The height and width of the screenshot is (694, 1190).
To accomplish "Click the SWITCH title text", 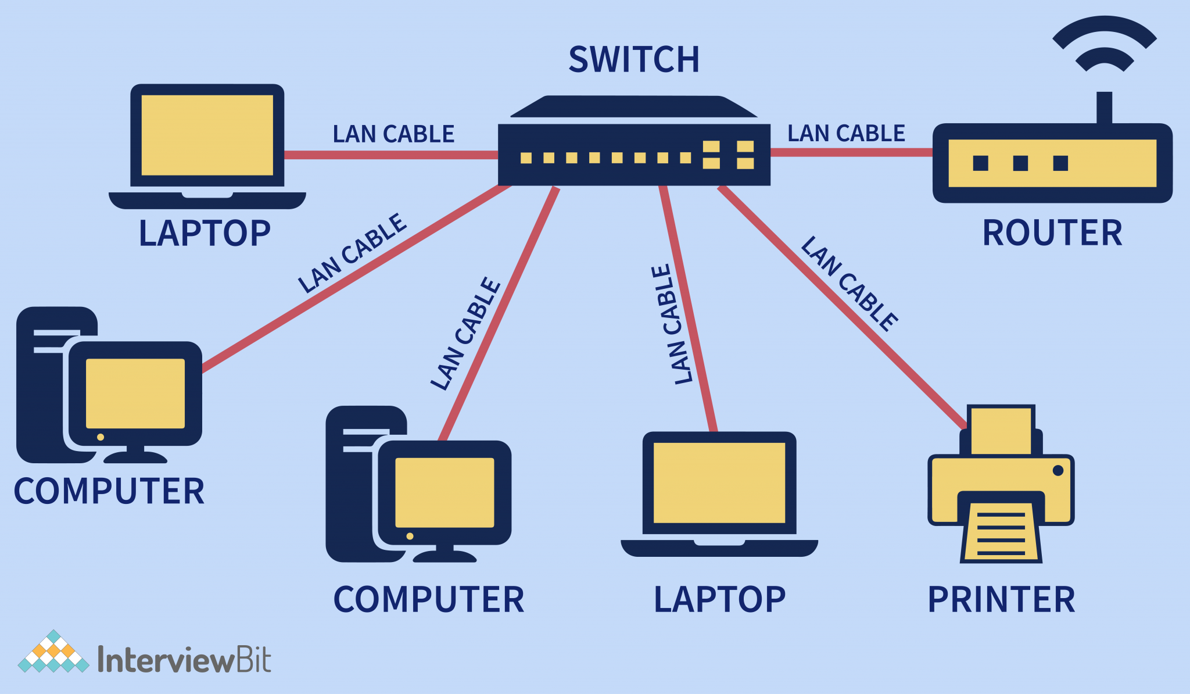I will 634,59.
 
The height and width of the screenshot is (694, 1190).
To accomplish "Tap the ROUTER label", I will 1052,233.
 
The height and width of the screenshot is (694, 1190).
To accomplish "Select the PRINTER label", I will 1001,600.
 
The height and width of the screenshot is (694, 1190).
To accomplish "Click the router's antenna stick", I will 1104,108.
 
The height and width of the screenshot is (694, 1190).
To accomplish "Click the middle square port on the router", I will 1020,163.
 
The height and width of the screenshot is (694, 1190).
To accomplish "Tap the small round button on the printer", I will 1058,470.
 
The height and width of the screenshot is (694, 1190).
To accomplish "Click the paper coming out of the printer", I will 1001,532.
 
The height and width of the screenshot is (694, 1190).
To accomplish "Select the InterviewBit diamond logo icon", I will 53,652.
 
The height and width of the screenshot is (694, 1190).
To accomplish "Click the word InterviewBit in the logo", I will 184,660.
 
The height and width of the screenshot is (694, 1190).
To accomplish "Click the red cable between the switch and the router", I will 851,152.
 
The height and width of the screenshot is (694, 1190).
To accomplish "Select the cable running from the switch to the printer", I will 843,308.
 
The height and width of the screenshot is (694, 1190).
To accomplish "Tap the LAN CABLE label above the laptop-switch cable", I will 393,134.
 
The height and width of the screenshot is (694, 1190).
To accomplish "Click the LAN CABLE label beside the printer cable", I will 849,284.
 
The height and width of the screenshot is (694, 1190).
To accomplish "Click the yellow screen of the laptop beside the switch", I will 207,135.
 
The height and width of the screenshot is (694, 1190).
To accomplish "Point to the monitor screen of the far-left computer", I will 135,393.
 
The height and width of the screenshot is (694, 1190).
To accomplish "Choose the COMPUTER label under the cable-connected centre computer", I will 428,600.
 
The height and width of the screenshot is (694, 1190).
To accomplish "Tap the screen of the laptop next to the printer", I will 719,482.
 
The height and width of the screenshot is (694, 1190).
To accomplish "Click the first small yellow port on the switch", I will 526,158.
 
